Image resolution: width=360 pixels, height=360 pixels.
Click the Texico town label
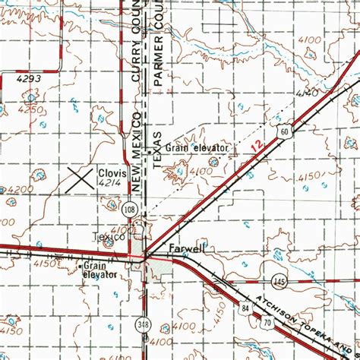click(x=108, y=237)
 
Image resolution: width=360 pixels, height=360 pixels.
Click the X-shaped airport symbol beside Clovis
click(x=80, y=178)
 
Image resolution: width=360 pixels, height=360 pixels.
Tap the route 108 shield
click(x=131, y=208)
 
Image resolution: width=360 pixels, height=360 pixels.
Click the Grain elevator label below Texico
click(x=99, y=270)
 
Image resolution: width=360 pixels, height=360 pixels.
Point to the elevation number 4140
click(x=307, y=92)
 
